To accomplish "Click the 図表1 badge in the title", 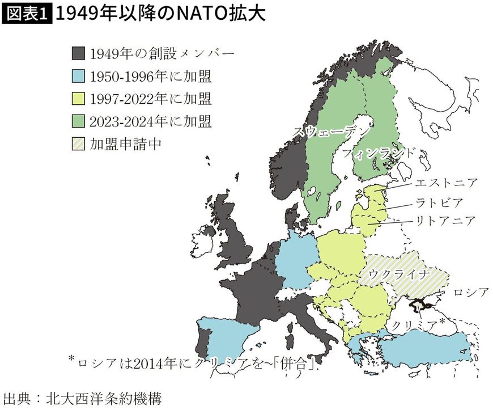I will pos(27,14).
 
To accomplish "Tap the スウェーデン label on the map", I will pos(331,130).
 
